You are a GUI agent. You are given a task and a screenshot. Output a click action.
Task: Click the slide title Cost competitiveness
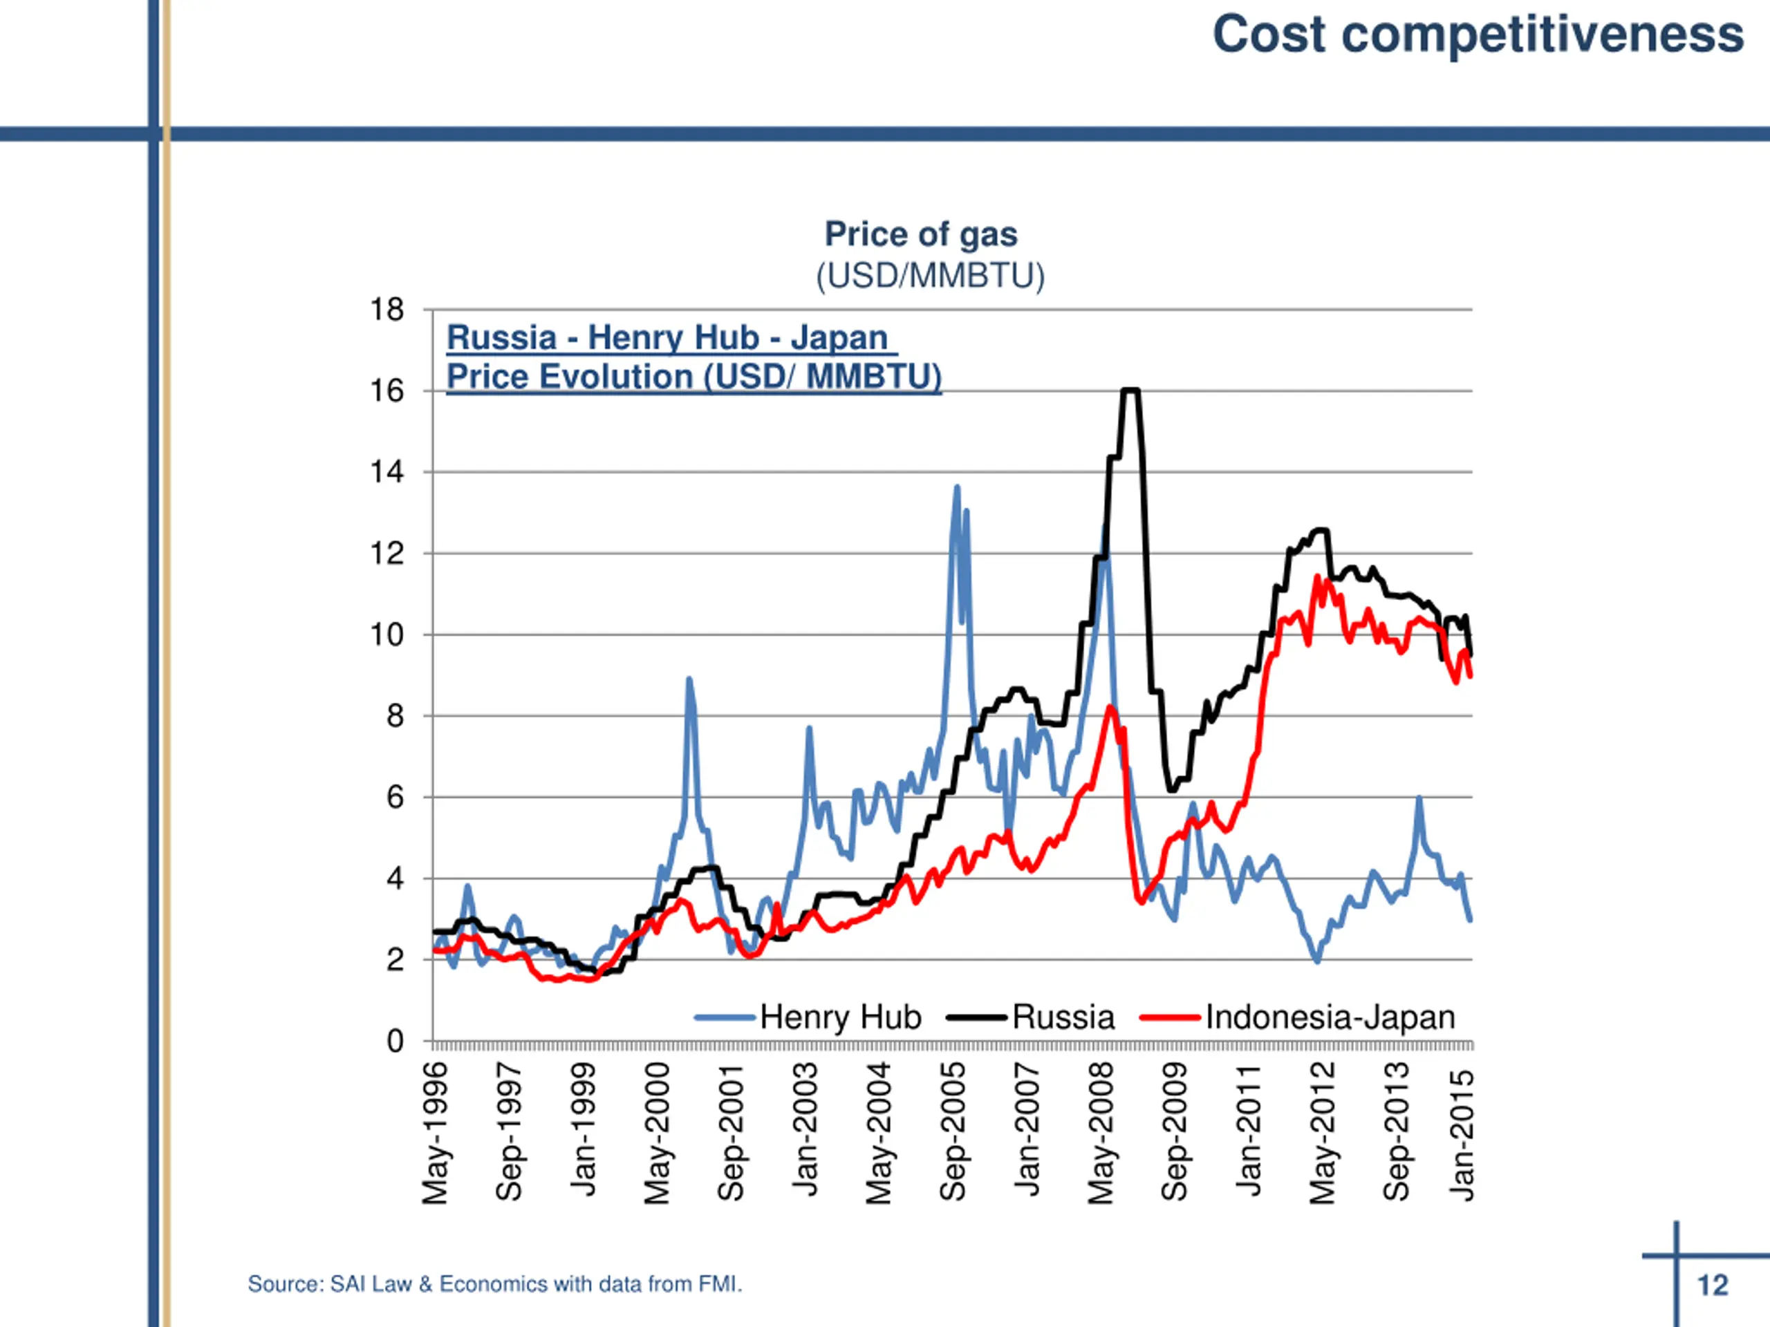point(1477,35)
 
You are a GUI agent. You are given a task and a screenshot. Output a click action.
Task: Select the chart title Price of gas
point(920,234)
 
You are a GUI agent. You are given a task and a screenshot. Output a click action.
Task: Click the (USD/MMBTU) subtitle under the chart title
point(930,276)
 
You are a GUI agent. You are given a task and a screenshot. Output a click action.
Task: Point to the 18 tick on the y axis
point(386,310)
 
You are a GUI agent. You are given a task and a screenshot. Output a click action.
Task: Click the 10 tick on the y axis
point(386,635)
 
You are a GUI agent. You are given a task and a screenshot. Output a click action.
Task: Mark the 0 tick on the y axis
point(395,1042)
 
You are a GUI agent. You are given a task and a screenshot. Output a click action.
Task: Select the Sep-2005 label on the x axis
point(953,1133)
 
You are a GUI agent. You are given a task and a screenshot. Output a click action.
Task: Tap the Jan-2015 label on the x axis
point(1462,1136)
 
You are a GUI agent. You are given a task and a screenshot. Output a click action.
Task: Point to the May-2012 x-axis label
point(1322,1133)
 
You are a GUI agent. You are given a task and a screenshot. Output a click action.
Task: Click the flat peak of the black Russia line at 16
point(1130,390)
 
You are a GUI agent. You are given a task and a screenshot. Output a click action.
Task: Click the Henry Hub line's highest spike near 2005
point(957,487)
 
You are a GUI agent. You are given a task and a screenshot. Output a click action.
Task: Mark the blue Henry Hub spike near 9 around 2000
point(689,680)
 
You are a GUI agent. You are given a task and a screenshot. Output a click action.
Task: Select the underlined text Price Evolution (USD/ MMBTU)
point(693,377)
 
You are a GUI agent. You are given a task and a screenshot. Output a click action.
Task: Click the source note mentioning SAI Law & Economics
point(494,1284)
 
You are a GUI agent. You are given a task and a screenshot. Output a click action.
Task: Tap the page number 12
point(1713,1285)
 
